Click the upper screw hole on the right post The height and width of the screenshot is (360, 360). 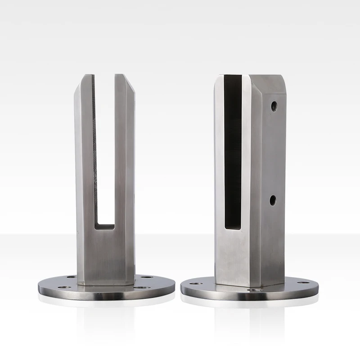pos(274,106)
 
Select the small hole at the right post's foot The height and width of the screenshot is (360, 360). pos(258,290)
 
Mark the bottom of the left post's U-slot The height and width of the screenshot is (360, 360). pos(105,223)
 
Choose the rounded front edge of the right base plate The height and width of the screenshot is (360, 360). pos(249,299)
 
